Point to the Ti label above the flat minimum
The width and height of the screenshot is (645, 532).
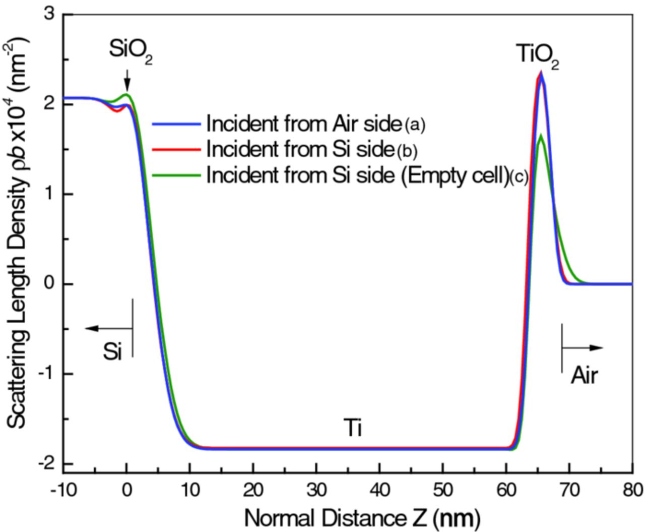(353, 429)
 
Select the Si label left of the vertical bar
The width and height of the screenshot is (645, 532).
(113, 352)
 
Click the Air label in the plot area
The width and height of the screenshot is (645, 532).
(585, 376)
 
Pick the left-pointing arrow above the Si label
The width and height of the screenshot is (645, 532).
(108, 329)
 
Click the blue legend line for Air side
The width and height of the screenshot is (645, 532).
(177, 124)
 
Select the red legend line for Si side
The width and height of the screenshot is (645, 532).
(177, 149)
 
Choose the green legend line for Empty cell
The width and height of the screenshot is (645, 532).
(177, 175)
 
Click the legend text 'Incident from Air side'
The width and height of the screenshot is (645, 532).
(303, 123)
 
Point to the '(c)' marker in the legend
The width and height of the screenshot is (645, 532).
(518, 176)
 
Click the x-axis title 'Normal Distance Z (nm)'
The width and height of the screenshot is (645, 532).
(362, 517)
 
